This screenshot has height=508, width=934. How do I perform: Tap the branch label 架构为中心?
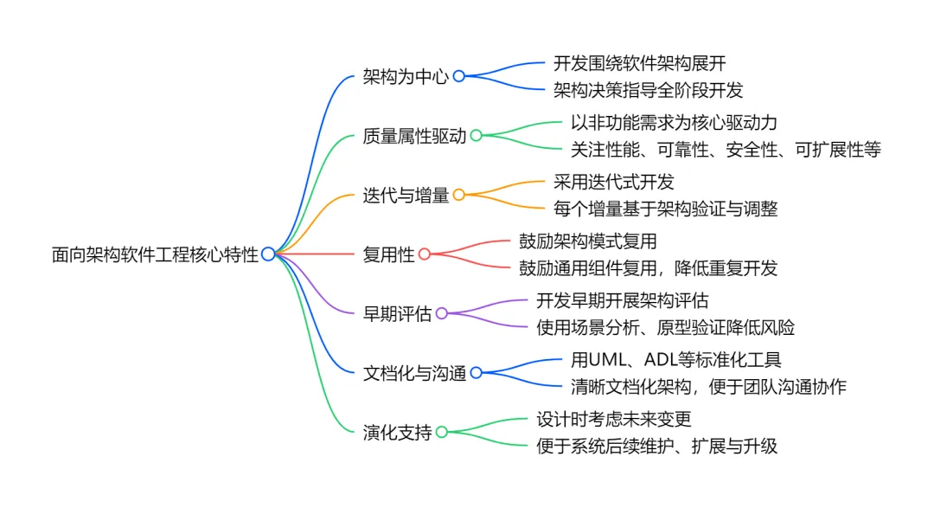(x=406, y=76)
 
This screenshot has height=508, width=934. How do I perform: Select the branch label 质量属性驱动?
(x=414, y=136)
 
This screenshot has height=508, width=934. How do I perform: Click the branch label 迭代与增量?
(x=406, y=196)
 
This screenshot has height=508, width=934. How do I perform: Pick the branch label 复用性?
(x=388, y=254)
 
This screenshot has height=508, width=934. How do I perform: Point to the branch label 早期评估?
(x=397, y=314)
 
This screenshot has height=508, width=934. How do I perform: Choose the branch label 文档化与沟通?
(x=414, y=374)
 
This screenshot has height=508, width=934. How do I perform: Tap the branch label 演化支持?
(x=397, y=433)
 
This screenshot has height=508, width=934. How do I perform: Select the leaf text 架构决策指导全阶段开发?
(x=648, y=89)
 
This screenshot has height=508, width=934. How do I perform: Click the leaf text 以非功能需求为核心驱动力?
(x=674, y=123)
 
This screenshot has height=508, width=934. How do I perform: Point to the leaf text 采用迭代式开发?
(x=613, y=183)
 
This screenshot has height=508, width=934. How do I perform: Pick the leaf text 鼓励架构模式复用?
(x=587, y=242)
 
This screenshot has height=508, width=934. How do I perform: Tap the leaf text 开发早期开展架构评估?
(x=622, y=301)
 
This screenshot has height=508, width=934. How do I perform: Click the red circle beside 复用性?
(x=424, y=254)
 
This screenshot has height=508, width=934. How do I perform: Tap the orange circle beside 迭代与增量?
(x=458, y=196)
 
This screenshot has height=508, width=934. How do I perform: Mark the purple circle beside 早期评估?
(x=441, y=314)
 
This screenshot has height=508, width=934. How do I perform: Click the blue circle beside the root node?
(x=268, y=254)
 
